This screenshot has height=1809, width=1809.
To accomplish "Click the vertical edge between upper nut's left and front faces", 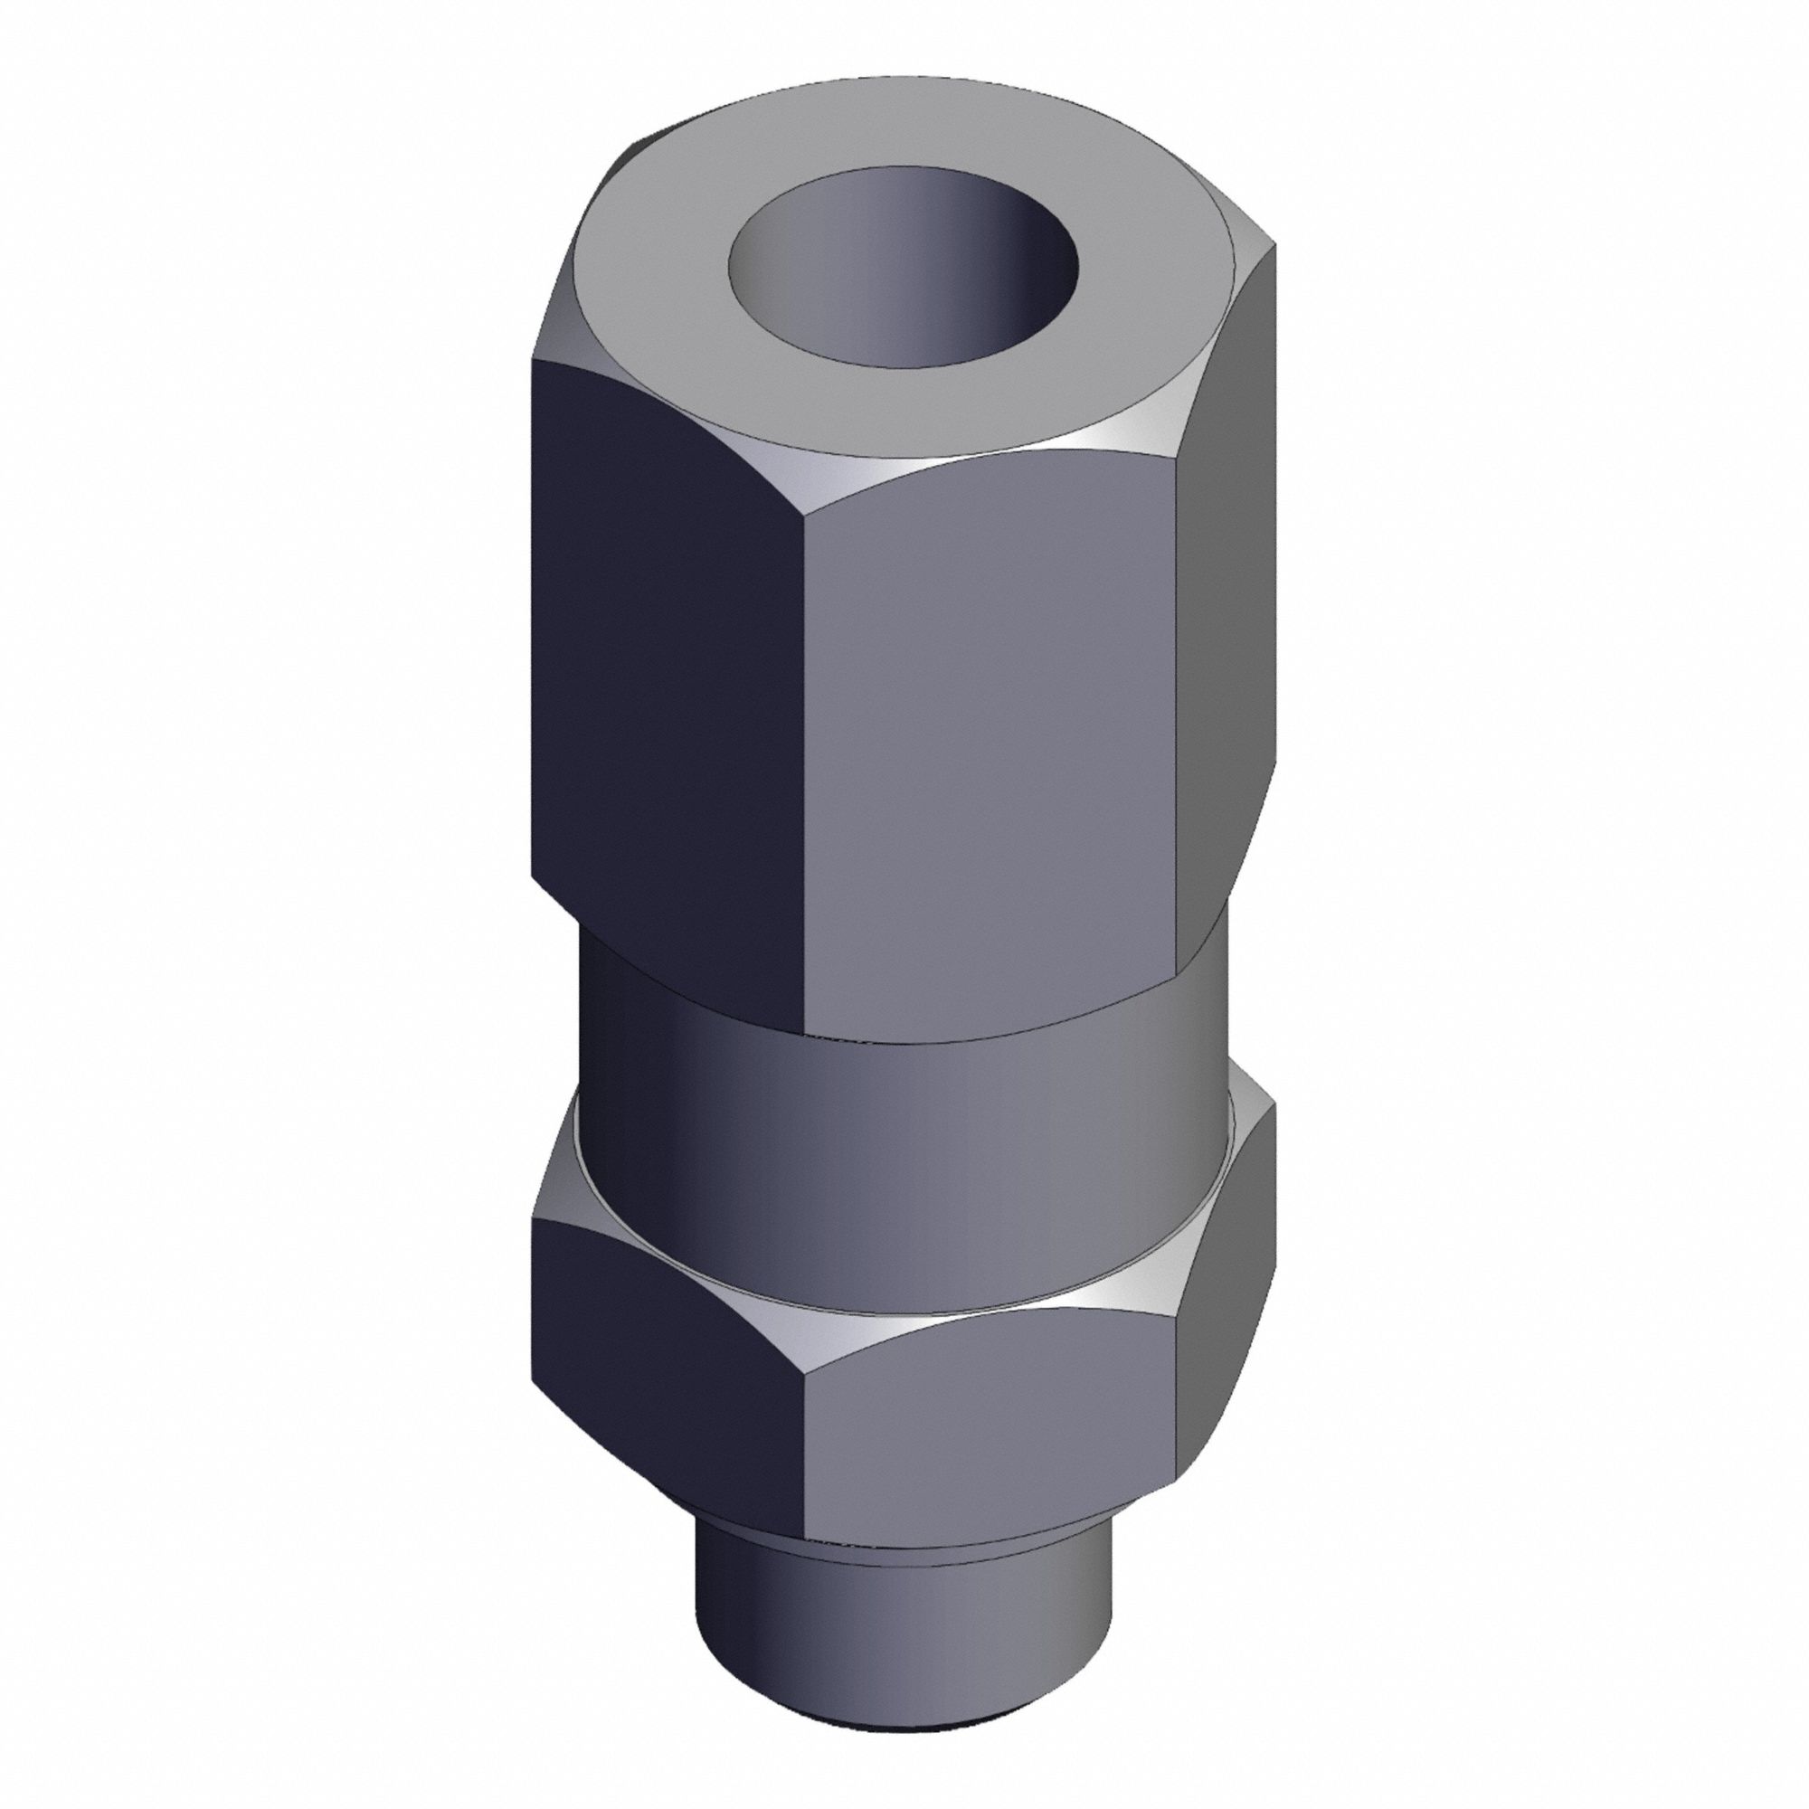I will coord(804,749).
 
